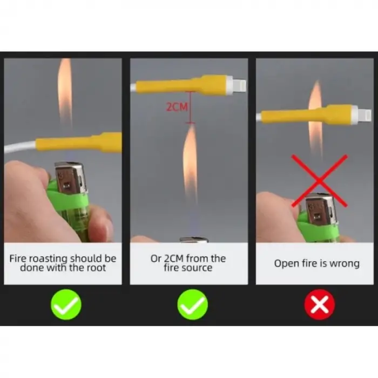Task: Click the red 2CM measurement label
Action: (x=177, y=106)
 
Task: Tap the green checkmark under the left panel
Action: (x=66, y=305)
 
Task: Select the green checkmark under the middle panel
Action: (x=192, y=305)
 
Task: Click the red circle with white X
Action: (x=320, y=304)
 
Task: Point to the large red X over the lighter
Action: (x=320, y=181)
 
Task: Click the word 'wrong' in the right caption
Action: (x=345, y=264)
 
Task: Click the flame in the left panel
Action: (x=65, y=94)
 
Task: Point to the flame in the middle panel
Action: (x=190, y=164)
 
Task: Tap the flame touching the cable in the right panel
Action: (x=315, y=118)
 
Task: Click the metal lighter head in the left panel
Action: (x=70, y=178)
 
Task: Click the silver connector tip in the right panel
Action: (x=364, y=116)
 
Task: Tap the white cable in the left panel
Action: (x=20, y=146)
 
